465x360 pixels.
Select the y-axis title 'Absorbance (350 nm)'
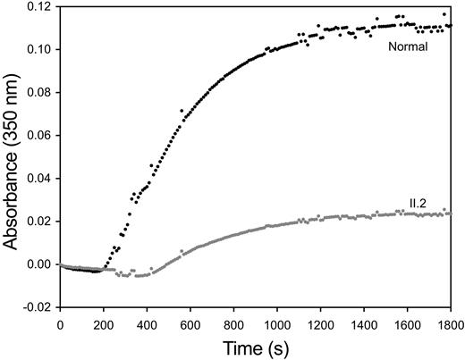[13, 156]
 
